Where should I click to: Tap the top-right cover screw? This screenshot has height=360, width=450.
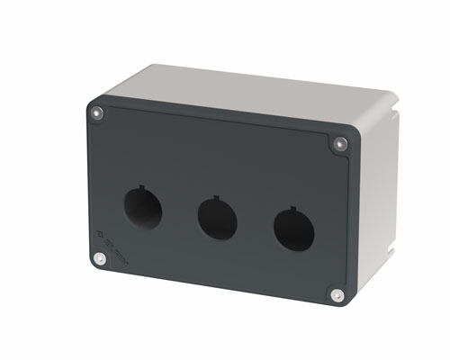pyautogui.click(x=339, y=143)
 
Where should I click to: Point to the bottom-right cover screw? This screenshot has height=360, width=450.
pyautogui.click(x=336, y=294)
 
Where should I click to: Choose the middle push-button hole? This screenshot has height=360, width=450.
pyautogui.click(x=216, y=219)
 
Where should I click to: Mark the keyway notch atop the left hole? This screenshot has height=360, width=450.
pyautogui.click(x=144, y=188)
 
